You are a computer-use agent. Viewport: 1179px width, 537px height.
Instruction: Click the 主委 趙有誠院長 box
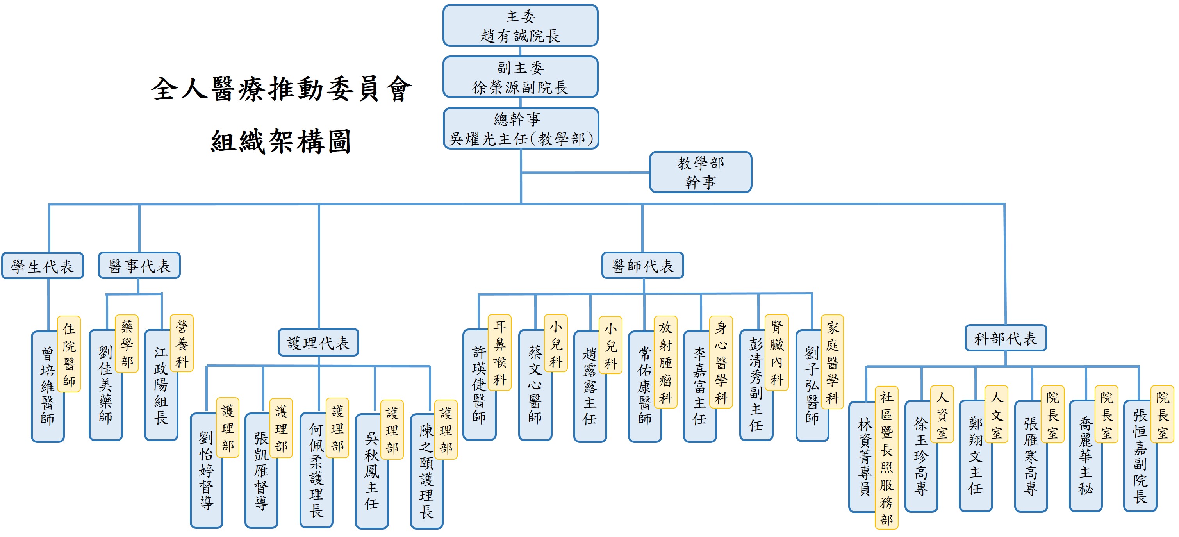[x=521, y=26]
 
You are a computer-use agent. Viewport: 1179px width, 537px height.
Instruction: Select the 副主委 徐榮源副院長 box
[x=521, y=77]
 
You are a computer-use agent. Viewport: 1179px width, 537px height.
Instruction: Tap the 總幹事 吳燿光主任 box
[x=521, y=128]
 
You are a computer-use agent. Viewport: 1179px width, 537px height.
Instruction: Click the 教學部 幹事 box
[x=700, y=172]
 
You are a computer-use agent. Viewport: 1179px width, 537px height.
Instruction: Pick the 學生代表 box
[x=43, y=266]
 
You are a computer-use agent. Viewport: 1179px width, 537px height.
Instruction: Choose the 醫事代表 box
[x=139, y=266]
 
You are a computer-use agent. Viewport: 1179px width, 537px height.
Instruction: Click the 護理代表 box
[x=319, y=343]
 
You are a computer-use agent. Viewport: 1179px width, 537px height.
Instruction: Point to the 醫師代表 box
[x=642, y=266]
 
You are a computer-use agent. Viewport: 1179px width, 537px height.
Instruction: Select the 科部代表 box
[x=1006, y=338]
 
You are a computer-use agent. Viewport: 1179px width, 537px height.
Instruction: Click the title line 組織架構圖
[x=280, y=141]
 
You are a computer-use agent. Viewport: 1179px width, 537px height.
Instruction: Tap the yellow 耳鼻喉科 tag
[x=500, y=353]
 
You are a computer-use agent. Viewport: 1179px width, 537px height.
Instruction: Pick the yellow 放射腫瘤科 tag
[x=665, y=362]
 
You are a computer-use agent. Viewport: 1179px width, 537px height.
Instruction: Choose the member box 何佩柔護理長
[x=316, y=471]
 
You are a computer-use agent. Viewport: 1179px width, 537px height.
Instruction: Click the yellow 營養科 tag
[x=182, y=343]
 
